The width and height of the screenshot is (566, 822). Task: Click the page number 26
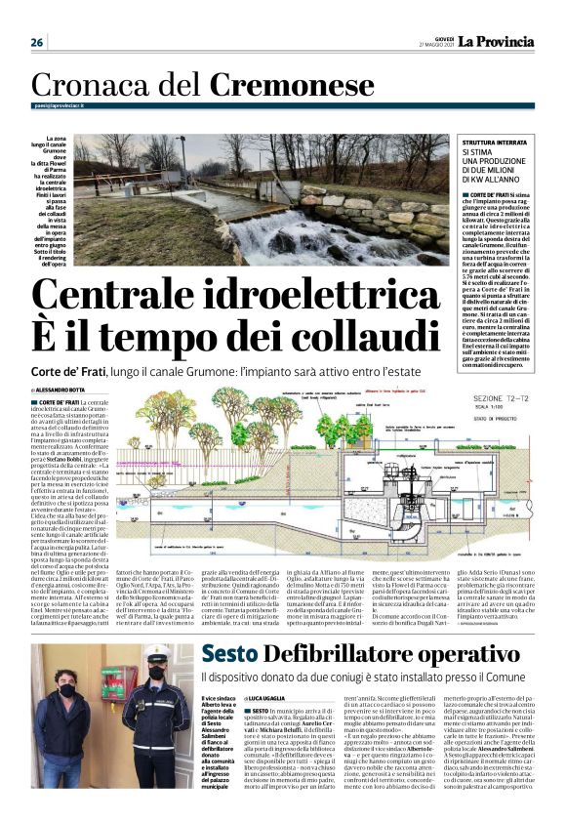[x=37, y=42]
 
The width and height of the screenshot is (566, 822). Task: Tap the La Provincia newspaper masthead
[x=498, y=41]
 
